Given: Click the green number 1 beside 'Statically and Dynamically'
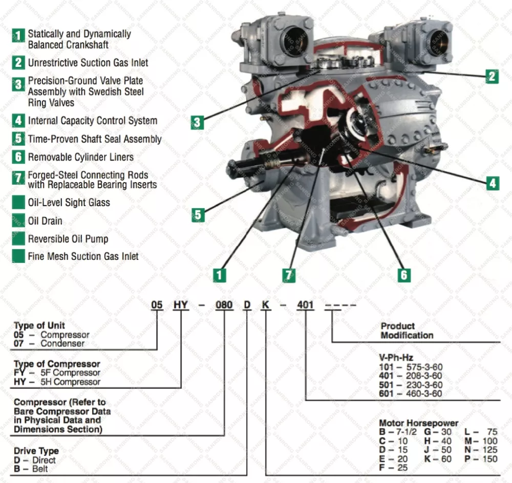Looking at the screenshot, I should [x=18, y=35].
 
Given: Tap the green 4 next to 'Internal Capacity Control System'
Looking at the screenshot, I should [x=18, y=121].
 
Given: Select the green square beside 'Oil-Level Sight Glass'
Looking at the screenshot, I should [x=18, y=202].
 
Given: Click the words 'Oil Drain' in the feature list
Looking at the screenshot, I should [x=45, y=221].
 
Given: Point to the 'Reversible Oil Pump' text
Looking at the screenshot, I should [x=68, y=239].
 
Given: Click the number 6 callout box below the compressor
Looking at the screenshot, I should [x=403, y=275].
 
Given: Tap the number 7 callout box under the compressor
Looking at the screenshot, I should [x=289, y=275].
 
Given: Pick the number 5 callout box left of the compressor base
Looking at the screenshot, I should [x=198, y=214].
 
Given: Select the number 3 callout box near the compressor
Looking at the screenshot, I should [x=198, y=122].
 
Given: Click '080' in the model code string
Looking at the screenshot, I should [x=224, y=305].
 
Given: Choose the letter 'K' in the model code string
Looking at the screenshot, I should [x=265, y=305].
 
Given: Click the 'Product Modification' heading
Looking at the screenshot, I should [x=407, y=331].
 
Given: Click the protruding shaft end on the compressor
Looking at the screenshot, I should [x=233, y=167].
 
